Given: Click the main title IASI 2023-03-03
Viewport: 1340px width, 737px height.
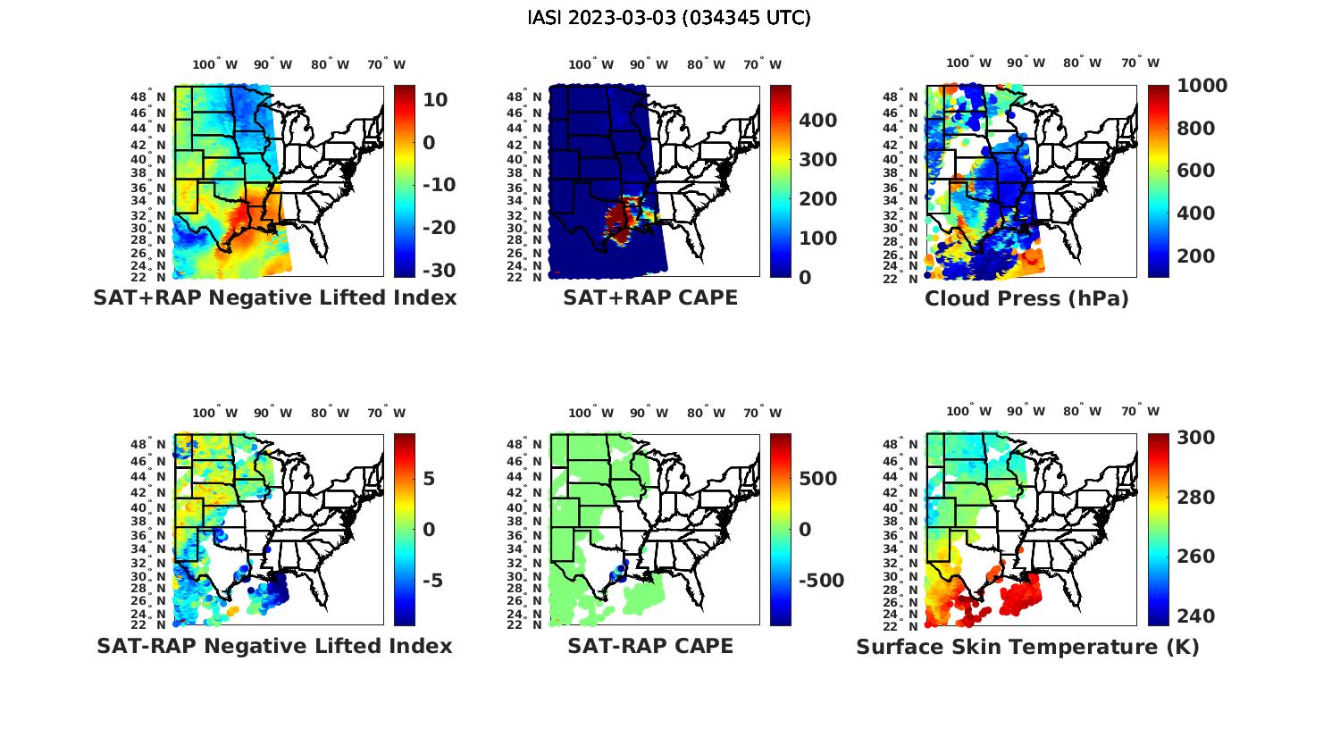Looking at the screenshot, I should pyautogui.click(x=669, y=18).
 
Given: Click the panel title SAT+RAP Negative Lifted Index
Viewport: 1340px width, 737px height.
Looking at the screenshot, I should pyautogui.click(x=275, y=298).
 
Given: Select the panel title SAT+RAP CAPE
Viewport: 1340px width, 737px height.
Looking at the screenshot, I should pyautogui.click(x=650, y=298).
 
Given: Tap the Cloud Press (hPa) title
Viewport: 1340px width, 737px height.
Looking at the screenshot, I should pyautogui.click(x=1026, y=298).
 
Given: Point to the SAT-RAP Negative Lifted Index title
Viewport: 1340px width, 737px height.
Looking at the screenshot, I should pyautogui.click(x=274, y=646).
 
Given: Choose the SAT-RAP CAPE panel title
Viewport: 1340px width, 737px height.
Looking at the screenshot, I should pyautogui.click(x=650, y=646).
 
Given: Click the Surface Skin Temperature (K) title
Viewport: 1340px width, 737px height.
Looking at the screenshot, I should pyautogui.click(x=1027, y=647).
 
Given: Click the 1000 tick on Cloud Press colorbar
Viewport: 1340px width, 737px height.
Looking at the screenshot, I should pyautogui.click(x=1202, y=86).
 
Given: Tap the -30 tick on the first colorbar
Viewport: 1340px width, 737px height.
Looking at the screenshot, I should pyautogui.click(x=438, y=270).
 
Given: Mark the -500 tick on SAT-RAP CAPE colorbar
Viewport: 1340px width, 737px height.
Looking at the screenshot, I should pyautogui.click(x=820, y=581).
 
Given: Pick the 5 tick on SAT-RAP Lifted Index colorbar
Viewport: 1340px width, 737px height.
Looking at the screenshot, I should pyautogui.click(x=429, y=479).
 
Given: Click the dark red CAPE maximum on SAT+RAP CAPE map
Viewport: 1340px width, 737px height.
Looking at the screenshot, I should pyautogui.click(x=618, y=217).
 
